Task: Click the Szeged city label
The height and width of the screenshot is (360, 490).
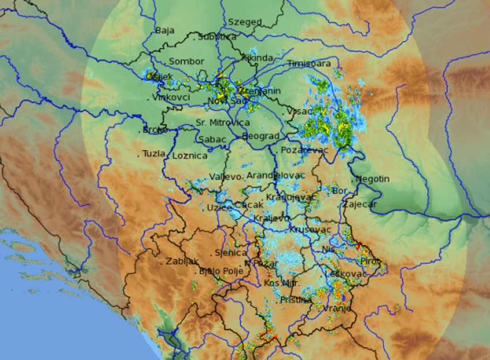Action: point(244,22)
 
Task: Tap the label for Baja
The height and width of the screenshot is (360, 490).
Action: point(164,31)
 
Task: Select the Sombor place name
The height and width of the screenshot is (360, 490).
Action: point(186,61)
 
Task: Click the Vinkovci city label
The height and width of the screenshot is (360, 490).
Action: point(171,97)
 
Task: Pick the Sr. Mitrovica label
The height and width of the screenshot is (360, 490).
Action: point(223,123)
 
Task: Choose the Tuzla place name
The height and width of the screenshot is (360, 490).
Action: point(153,154)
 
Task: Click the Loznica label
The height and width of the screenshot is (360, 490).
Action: point(190,156)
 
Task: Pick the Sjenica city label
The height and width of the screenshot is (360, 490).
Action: point(231,253)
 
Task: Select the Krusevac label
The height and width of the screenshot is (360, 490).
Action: point(310,230)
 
